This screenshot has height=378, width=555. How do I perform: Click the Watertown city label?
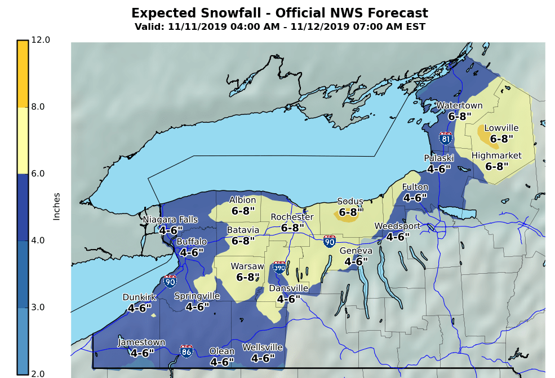point(460,105)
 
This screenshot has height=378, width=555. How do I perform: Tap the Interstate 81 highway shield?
point(446,137)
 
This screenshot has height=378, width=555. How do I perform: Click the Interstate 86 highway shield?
point(187,351)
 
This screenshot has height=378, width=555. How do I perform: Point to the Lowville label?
point(501,128)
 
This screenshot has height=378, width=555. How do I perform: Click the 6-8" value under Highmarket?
point(496,166)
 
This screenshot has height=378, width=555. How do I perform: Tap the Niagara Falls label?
point(170,220)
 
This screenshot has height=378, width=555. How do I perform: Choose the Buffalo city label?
point(192,242)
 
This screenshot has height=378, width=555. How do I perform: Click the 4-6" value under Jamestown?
point(141,353)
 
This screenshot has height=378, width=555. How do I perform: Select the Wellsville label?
point(262,347)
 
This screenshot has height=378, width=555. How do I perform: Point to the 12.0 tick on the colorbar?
point(41,40)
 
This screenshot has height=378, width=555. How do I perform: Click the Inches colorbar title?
point(57,206)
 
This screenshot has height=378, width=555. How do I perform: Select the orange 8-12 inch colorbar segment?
point(23,73)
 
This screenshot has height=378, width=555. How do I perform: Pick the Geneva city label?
point(356,251)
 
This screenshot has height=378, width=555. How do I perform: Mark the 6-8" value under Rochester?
point(292,228)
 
